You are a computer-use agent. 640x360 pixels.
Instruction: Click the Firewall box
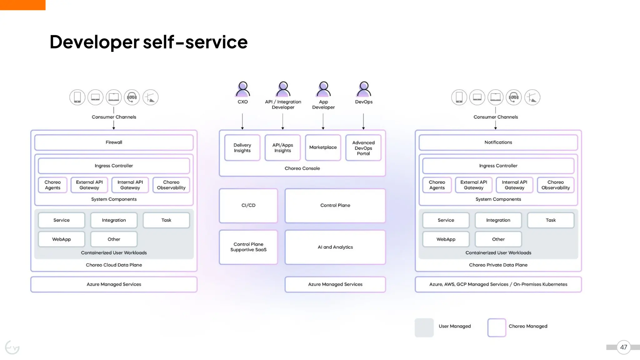pyautogui.click(x=114, y=142)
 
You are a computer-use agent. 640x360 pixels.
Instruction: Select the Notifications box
pyautogui.click(x=498, y=142)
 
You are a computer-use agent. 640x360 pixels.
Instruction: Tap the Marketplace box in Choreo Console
pyautogui.click(x=323, y=147)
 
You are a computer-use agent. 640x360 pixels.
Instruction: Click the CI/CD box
pyautogui.click(x=248, y=205)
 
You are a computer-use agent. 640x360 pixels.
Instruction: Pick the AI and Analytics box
pyautogui.click(x=335, y=247)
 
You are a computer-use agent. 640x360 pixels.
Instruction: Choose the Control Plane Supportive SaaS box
pyautogui.click(x=248, y=247)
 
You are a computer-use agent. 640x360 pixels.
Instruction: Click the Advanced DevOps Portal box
pyautogui.click(x=363, y=148)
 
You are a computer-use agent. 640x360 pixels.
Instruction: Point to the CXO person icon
pyautogui.click(x=242, y=89)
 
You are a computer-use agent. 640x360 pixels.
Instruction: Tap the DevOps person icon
pyautogui.click(x=363, y=89)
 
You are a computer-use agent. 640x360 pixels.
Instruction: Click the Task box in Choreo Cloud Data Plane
pyautogui.click(x=166, y=220)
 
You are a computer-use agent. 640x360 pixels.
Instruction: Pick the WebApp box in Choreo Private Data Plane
pyautogui.click(x=446, y=239)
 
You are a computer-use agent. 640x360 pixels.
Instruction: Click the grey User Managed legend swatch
pyautogui.click(x=424, y=327)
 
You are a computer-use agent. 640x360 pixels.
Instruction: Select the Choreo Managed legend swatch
pyautogui.click(x=497, y=327)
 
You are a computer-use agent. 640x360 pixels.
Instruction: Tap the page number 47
pyautogui.click(x=623, y=347)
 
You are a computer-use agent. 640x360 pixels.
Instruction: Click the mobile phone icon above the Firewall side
pyautogui.click(x=77, y=97)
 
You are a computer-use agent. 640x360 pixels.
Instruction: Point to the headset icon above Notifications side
pyautogui.click(x=514, y=97)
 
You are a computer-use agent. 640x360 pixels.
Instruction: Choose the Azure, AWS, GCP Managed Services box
pyautogui.click(x=498, y=284)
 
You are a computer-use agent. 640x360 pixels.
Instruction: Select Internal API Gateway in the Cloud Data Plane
pyautogui.click(x=130, y=185)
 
